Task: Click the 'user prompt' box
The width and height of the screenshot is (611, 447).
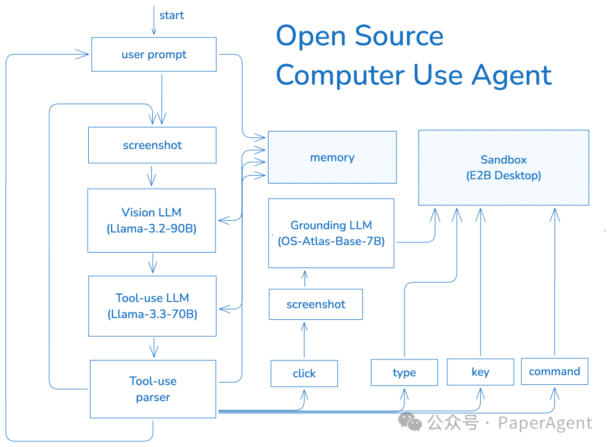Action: pyautogui.click(x=154, y=54)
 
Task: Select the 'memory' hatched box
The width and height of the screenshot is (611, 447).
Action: pyautogui.click(x=332, y=157)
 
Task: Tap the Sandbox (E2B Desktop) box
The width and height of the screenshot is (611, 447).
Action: pyautogui.click(x=503, y=167)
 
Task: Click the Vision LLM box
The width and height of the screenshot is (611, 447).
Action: pyautogui.click(x=152, y=220)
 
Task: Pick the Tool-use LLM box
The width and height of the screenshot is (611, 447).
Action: pyautogui.click(x=152, y=306)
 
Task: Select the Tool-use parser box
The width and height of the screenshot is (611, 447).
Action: pyautogui.click(x=153, y=389)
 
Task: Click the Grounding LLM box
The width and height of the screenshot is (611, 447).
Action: pyautogui.click(x=331, y=233)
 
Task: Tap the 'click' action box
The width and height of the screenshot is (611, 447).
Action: pyautogui.click(x=304, y=373)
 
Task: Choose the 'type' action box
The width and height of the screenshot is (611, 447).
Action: pyautogui.click(x=404, y=372)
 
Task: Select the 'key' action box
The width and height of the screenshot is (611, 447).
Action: pyautogui.click(x=480, y=372)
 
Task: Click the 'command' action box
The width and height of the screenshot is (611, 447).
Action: pyautogui.click(x=554, y=371)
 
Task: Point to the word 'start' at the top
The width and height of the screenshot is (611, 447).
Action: pyautogui.click(x=171, y=15)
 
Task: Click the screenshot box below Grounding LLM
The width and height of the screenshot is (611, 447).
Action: pyautogui.click(x=316, y=304)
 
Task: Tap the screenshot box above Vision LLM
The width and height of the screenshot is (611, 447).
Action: pyautogui.click(x=152, y=145)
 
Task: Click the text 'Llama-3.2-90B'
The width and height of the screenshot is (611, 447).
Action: pyautogui.click(x=152, y=229)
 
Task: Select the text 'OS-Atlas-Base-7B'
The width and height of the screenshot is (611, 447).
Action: pyautogui.click(x=331, y=241)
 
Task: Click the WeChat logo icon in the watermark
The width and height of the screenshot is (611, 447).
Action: pyautogui.click(x=410, y=422)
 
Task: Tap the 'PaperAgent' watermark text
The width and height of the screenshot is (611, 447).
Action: pyautogui.click(x=544, y=423)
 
